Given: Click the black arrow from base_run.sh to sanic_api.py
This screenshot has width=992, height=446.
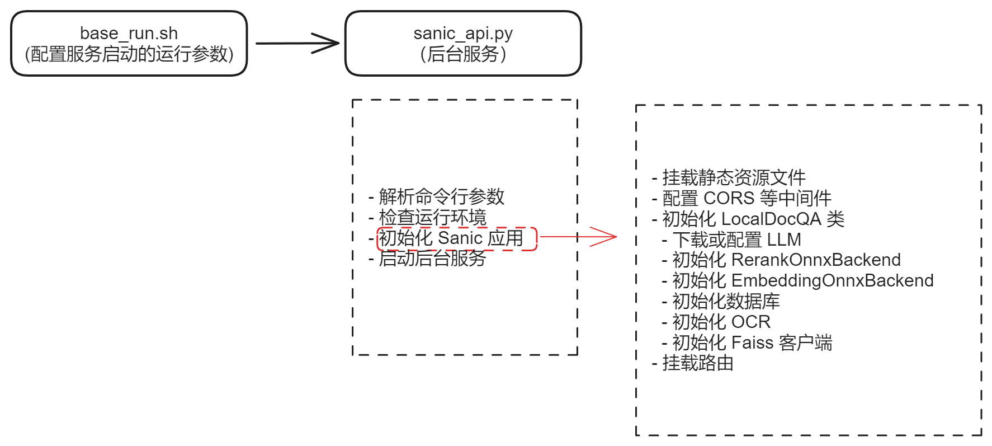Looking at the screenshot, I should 296,43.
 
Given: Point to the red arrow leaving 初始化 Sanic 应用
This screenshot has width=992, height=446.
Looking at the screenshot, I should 579,237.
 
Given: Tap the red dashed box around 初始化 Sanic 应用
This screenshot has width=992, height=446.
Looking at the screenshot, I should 457,239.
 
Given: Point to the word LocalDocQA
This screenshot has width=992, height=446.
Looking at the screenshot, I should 771,219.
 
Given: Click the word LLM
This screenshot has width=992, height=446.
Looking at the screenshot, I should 784,240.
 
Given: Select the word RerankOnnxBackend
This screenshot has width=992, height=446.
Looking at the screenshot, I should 815,260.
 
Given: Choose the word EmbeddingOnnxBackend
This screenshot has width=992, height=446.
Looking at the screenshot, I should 832,280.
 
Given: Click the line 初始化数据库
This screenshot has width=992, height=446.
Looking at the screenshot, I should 725,301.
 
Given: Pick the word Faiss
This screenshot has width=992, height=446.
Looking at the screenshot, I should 752,342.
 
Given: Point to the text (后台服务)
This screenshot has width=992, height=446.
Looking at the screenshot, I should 463,54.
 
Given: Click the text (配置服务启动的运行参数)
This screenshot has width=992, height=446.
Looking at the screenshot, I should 129,54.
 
